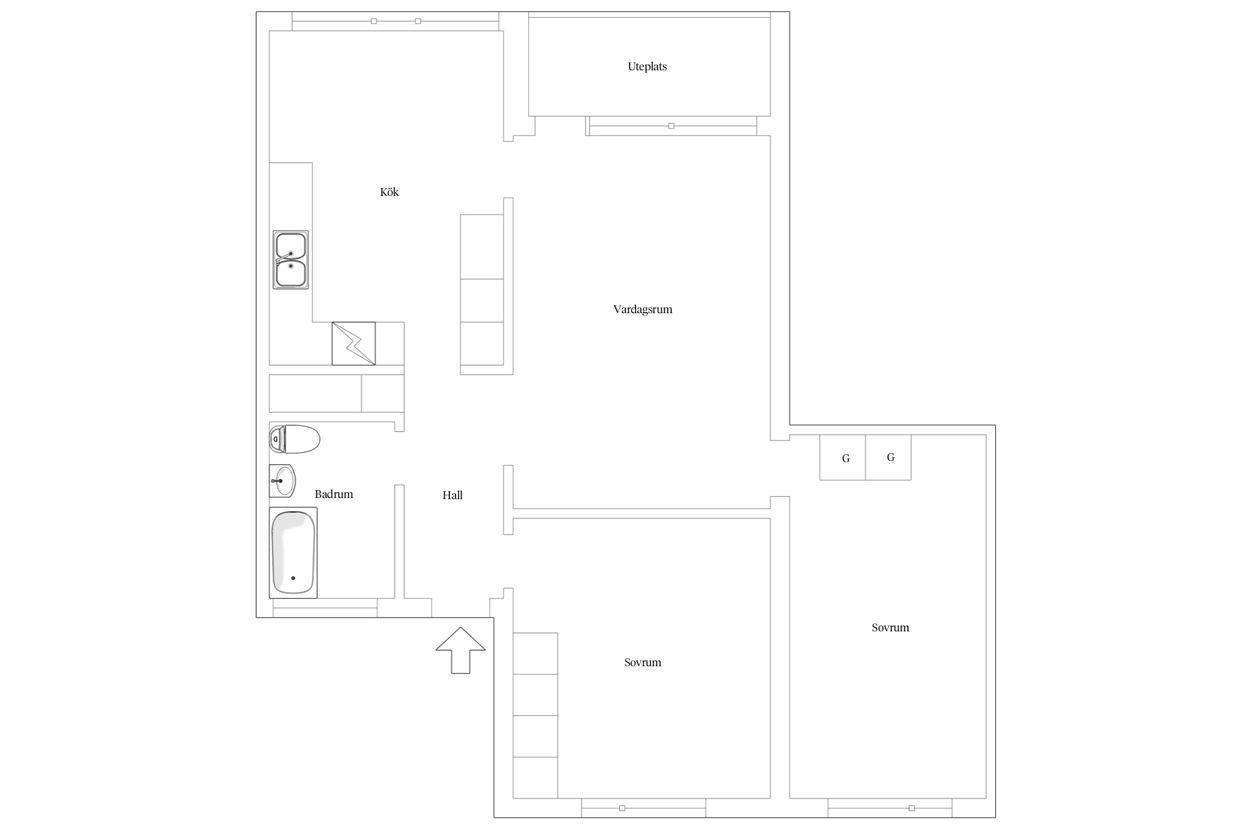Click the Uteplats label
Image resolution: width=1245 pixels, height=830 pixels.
tap(647, 67)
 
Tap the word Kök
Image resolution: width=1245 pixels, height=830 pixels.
tap(389, 192)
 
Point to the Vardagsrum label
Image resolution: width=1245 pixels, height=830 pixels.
tap(642, 310)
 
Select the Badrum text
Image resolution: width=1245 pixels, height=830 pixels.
tap(334, 494)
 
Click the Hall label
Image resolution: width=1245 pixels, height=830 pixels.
tap(452, 495)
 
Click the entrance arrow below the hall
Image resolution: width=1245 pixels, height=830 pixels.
tap(460, 650)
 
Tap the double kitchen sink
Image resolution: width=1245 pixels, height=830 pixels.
tap(290, 260)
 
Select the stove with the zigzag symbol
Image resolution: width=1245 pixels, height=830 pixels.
tap(354, 344)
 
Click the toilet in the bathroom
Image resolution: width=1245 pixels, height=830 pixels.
tap(294, 439)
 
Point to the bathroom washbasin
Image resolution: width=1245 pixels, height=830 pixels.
tap(282, 481)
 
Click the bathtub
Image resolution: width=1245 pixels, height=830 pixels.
tap(293, 553)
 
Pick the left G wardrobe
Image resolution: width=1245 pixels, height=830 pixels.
tap(842, 458)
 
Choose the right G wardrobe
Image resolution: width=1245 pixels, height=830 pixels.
tap(888, 458)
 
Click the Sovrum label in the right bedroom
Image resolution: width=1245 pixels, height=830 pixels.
tap(890, 627)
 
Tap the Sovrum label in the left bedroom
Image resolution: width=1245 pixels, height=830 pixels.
tap(642, 662)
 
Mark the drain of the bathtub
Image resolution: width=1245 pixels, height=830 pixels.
tap(293, 578)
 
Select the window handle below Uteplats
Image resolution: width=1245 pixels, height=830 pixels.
tap(671, 126)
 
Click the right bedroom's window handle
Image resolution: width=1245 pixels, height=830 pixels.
tap(912, 808)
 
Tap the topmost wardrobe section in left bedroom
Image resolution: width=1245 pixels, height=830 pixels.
tap(535, 653)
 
